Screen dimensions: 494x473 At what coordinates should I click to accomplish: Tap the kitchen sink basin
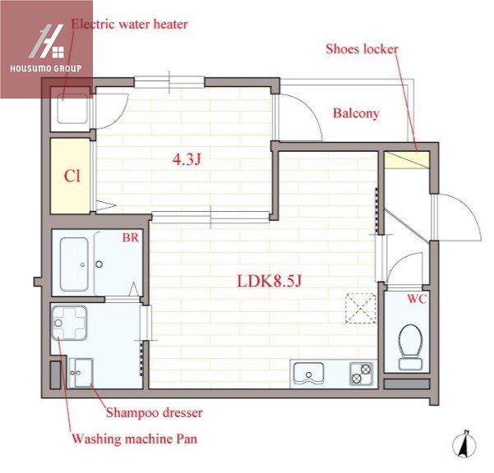point(308,374)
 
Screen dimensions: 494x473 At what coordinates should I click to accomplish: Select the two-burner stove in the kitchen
point(361,374)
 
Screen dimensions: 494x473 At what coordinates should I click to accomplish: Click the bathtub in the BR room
point(74,264)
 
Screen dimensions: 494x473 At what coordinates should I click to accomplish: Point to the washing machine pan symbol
point(69,323)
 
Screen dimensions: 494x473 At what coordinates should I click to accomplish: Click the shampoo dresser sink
point(81,374)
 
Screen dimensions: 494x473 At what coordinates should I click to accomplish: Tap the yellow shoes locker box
point(408,160)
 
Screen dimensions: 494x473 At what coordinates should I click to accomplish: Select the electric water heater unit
point(72,109)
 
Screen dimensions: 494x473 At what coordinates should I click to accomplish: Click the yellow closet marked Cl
point(71,177)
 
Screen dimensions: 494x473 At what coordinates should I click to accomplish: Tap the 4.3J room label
point(187,159)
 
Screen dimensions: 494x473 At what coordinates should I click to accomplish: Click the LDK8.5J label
point(270,281)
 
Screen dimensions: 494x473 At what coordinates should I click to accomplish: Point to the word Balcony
point(356,113)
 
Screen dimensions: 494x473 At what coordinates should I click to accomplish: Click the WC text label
point(417,299)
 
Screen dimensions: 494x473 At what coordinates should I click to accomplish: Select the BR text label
point(131,237)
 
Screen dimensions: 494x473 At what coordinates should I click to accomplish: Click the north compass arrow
point(464,444)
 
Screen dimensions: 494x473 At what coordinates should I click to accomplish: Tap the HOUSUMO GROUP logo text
point(46,68)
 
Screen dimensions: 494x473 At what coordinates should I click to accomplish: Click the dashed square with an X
point(361,308)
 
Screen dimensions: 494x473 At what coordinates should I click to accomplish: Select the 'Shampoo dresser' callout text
point(154,412)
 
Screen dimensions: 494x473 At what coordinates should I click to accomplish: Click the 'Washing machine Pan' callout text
point(135,439)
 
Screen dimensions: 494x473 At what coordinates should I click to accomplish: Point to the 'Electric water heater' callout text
point(130,25)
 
